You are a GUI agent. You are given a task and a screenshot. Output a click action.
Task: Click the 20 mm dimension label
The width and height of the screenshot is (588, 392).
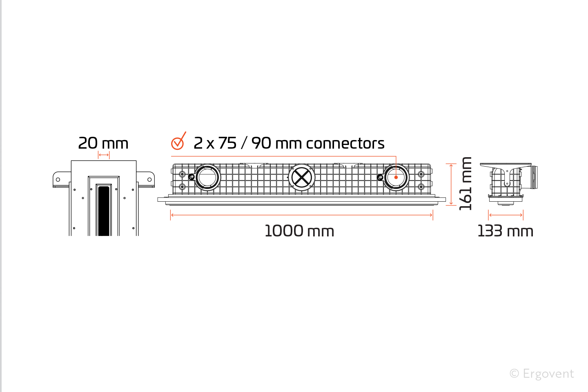(x=103, y=143)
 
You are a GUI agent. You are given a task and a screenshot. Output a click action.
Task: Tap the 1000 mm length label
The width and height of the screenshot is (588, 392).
(x=299, y=231)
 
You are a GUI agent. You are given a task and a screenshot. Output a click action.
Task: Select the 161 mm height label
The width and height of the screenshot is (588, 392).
(x=465, y=183)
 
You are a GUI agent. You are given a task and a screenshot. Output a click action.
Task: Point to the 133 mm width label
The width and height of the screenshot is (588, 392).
(x=506, y=231)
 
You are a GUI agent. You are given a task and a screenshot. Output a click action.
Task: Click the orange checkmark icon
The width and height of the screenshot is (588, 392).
(x=178, y=141)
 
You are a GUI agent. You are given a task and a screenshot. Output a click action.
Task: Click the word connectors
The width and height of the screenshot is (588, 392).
(x=345, y=143)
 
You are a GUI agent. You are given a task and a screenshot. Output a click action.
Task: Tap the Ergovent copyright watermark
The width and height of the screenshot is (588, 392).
(x=542, y=374)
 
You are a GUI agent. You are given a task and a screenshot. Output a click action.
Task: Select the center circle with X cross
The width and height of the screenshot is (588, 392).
(x=302, y=178)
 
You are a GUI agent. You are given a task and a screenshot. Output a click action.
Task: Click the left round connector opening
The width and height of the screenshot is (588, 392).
(x=207, y=177)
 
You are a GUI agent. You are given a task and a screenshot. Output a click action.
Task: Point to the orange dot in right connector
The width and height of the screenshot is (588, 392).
(x=396, y=178)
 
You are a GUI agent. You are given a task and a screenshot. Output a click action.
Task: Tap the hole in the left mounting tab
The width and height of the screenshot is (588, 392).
(x=58, y=180)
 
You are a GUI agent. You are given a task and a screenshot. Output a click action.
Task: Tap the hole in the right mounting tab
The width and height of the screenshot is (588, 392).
(x=149, y=180)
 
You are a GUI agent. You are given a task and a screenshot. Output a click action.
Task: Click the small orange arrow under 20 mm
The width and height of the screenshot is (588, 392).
(x=104, y=155)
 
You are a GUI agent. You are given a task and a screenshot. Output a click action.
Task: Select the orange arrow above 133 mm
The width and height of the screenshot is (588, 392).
(x=506, y=215)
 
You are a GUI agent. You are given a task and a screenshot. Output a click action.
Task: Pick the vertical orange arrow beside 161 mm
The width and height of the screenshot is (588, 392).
(x=451, y=184)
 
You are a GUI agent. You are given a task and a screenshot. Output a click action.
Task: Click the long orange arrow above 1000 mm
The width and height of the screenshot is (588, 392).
(x=302, y=215)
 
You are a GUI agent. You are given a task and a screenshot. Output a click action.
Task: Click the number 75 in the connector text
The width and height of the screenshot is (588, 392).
(x=227, y=143)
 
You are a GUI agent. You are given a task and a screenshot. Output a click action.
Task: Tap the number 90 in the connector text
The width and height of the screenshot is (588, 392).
(x=261, y=143)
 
